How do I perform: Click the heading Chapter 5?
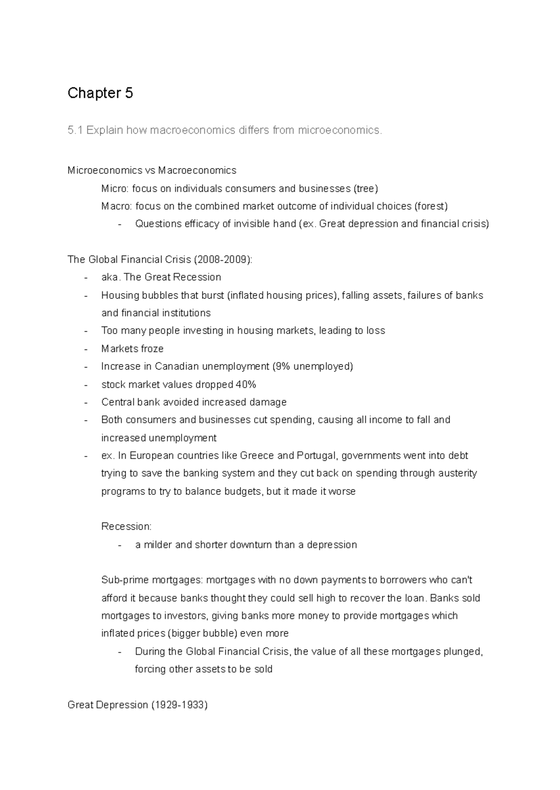(100, 93)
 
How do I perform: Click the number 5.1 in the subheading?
(75, 130)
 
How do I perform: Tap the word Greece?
(259, 455)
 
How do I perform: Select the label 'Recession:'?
(126, 527)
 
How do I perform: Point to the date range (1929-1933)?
(178, 704)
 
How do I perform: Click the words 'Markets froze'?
(132, 348)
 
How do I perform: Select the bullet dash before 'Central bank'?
(86, 402)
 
